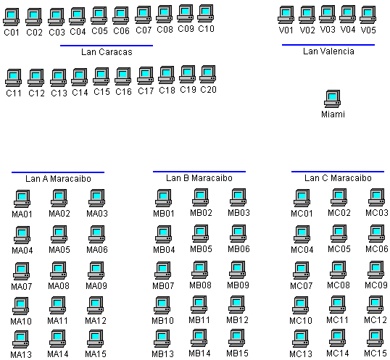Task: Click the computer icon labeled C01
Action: pos(11,17)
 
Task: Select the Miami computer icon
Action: pos(332,99)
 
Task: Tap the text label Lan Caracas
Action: pos(107,52)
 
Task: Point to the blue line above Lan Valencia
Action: pos(328,45)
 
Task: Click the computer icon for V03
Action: pos(328,14)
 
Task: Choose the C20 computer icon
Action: pos(207,75)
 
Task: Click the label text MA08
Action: pos(59,285)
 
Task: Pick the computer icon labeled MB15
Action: pos(237,338)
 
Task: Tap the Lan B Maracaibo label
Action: pos(199,178)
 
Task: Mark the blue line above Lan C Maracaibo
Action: pos(338,172)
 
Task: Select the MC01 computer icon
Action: pos(302,198)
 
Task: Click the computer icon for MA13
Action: pos(20,339)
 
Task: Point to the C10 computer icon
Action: pos(205,14)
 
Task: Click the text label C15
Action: pos(101,92)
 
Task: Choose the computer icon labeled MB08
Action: pos(200,269)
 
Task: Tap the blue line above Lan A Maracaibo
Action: pos(58,172)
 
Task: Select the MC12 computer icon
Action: pos(375,305)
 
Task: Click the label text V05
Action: pos(368,30)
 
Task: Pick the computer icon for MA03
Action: pos(96,198)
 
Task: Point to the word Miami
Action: pos(333,114)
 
